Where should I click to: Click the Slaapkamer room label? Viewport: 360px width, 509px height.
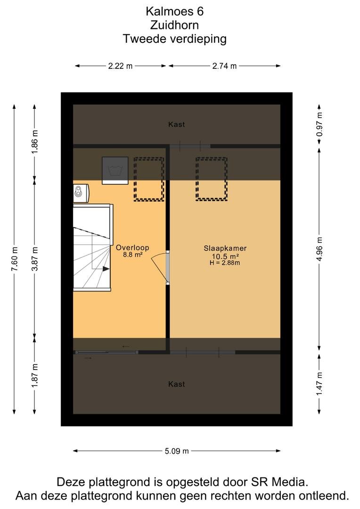[225, 248]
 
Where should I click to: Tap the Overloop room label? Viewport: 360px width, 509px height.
[132, 248]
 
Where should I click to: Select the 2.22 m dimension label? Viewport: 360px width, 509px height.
[121, 66]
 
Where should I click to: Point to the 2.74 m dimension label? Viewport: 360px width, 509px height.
[224, 66]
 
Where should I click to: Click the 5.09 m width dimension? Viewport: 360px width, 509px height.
[177, 451]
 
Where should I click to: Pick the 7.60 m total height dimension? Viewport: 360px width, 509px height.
[14, 259]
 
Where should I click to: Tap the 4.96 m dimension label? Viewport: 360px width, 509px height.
[319, 249]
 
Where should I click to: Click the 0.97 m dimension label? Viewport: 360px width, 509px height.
[319, 124]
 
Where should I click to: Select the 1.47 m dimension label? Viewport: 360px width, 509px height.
[319, 384]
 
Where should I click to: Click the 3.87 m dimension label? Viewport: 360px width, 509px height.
[35, 259]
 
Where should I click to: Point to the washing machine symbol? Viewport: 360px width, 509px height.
[115, 171]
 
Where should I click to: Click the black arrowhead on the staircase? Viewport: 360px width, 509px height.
[106, 269]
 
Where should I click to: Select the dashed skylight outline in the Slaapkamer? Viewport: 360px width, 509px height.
[211, 179]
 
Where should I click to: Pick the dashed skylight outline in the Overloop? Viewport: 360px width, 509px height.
[149, 179]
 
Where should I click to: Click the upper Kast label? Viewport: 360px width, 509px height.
[177, 124]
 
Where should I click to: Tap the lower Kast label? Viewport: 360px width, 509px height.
[177, 384]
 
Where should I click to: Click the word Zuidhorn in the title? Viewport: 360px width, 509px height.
[175, 25]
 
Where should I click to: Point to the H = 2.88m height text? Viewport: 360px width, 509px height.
[225, 263]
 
